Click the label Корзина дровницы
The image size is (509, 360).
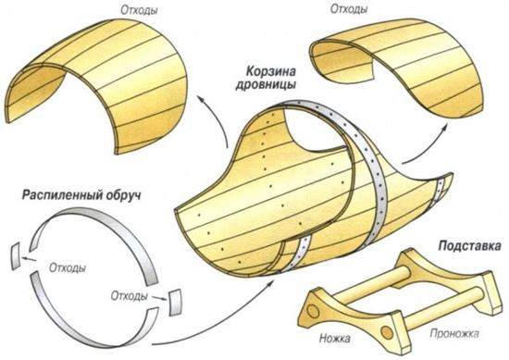[x=266, y=79]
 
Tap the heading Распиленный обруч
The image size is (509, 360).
[x=81, y=195]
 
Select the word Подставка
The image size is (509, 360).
[x=469, y=246]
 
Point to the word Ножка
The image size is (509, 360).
[x=335, y=339]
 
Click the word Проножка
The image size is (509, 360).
[x=454, y=333]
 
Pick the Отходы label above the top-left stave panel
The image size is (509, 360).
[x=139, y=10]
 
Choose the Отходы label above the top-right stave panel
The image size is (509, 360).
[x=349, y=8]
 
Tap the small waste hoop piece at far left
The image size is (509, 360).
[x=16, y=255]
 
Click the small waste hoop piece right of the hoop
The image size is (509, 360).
[x=175, y=302]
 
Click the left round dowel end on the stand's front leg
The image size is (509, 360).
[x=313, y=311]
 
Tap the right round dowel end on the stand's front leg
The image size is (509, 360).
[x=387, y=331]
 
